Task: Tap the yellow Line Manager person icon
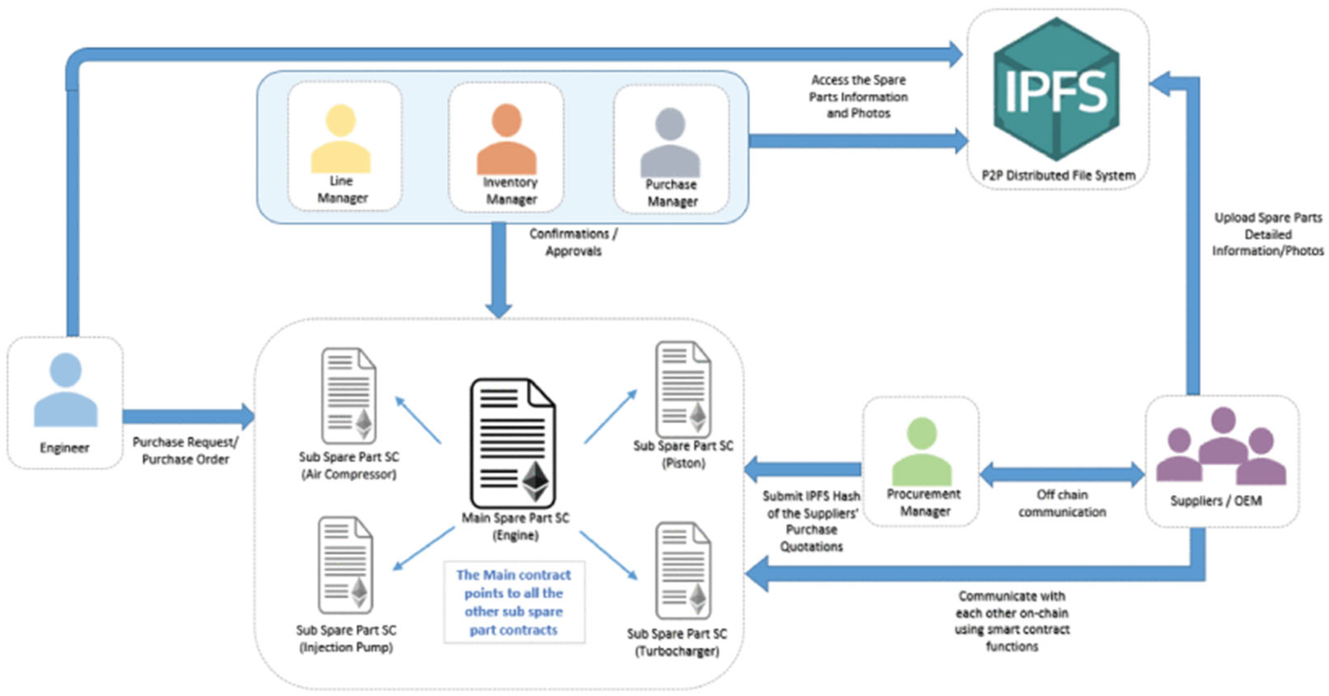click(x=341, y=139)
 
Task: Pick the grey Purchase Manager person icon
click(x=670, y=143)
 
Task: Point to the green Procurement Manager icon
click(x=922, y=451)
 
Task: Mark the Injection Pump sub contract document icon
click(x=346, y=565)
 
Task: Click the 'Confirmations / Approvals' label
click(x=573, y=242)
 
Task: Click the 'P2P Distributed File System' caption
click(x=1058, y=176)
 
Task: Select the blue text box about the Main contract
click(x=514, y=602)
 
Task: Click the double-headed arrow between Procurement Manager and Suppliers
click(x=1062, y=474)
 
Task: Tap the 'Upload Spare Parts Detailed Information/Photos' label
click(x=1268, y=234)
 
